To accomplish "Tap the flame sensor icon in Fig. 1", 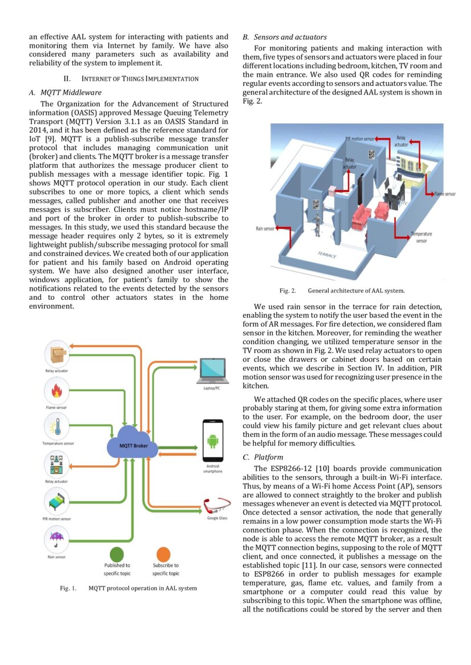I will point(58,392).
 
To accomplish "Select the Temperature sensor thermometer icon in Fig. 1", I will point(58,427).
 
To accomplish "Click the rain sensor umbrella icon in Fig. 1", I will point(58,538).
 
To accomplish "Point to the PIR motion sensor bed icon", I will point(58,501).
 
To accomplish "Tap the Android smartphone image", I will point(212,441).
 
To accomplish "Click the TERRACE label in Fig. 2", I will point(327,253).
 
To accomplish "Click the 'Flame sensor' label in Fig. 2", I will point(444,194).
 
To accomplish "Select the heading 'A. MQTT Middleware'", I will point(65,92).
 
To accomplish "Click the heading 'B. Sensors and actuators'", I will point(284,37).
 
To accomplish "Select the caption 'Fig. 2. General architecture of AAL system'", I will point(342,291).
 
